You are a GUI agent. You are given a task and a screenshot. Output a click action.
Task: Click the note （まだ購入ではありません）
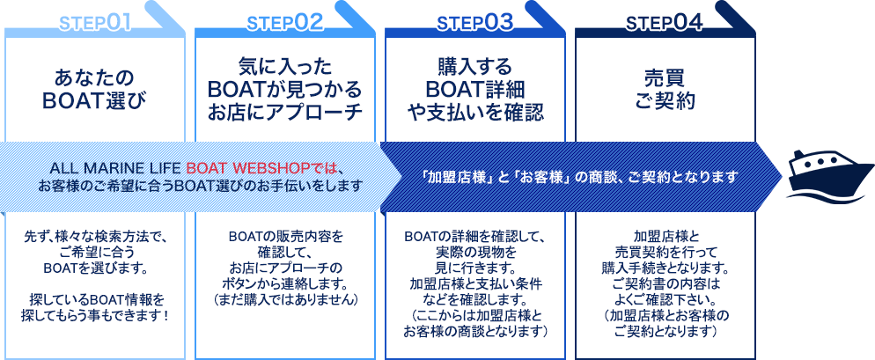285,299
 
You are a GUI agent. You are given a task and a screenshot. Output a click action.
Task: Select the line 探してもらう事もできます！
96,315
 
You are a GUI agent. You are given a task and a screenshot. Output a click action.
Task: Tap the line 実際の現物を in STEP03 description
475,252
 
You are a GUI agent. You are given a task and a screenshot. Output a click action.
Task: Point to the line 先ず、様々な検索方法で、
96,236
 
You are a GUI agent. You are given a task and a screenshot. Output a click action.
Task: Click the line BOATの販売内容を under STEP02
285,236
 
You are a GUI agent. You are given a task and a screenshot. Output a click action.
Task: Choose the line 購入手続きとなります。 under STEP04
665,268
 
